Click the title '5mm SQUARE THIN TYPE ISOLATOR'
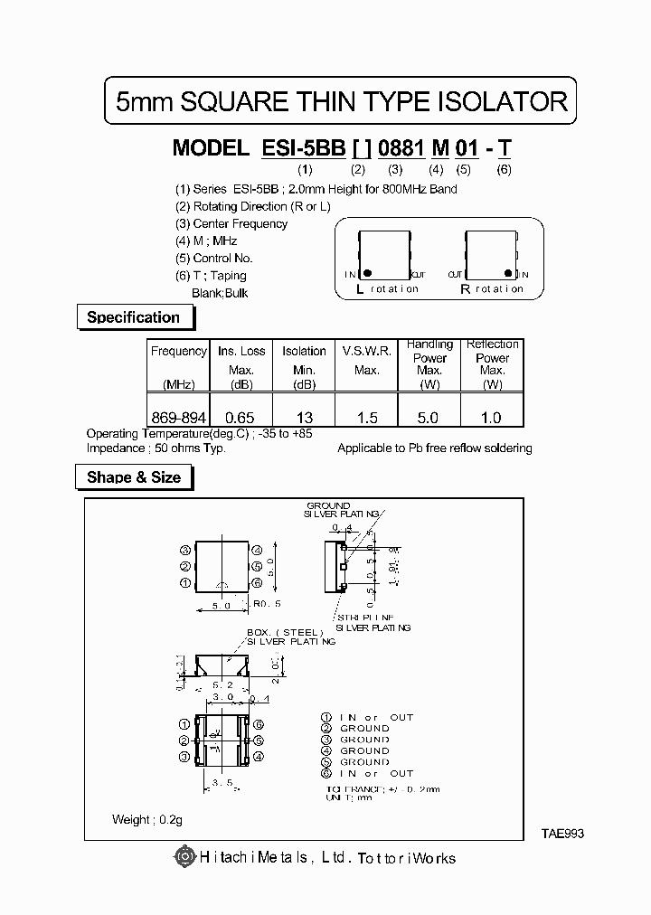tap(342, 101)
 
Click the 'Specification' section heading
tap(133, 317)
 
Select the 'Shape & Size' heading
tap(134, 477)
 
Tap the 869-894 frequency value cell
tap(179, 419)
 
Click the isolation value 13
tap(304, 419)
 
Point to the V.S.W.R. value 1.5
tap(367, 419)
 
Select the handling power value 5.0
tap(429, 419)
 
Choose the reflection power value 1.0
tap(492, 419)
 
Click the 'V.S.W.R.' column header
tap(367, 351)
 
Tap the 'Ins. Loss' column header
tap(241, 351)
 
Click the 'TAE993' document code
tap(563, 834)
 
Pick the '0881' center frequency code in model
tap(402, 148)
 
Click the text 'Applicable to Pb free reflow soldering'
tap(434, 448)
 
